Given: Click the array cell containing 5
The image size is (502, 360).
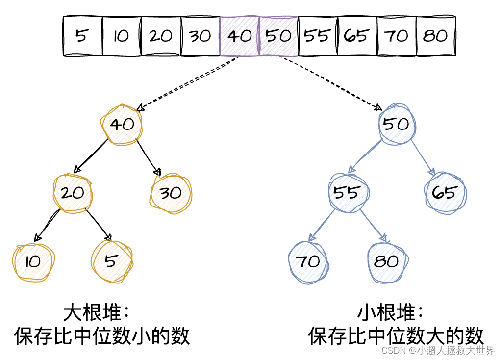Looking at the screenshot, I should click(x=82, y=36).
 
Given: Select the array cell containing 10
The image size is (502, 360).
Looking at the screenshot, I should click(x=122, y=36).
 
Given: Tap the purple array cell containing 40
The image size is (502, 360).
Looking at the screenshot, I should click(x=239, y=36).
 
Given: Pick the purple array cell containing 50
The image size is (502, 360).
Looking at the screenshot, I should click(x=278, y=36).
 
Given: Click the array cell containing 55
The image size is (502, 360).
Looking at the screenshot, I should click(x=317, y=36).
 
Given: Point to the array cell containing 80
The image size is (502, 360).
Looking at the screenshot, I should click(x=435, y=36).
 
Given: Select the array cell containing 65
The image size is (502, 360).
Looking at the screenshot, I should click(x=357, y=36).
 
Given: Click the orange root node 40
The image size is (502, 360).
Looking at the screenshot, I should click(x=122, y=125).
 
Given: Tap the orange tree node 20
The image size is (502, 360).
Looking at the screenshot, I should click(x=73, y=193).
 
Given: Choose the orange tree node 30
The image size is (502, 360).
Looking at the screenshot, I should click(x=171, y=193).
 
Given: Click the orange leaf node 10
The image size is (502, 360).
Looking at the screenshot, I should click(x=33, y=261).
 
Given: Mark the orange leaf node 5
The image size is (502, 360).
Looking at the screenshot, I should click(x=112, y=261).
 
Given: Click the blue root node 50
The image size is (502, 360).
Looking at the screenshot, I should click(x=397, y=125).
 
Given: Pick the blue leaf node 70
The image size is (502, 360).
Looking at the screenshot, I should click(x=309, y=261).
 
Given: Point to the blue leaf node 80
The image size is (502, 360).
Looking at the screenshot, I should click(x=387, y=261).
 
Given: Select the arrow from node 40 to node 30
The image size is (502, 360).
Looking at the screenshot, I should click(x=149, y=158).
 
